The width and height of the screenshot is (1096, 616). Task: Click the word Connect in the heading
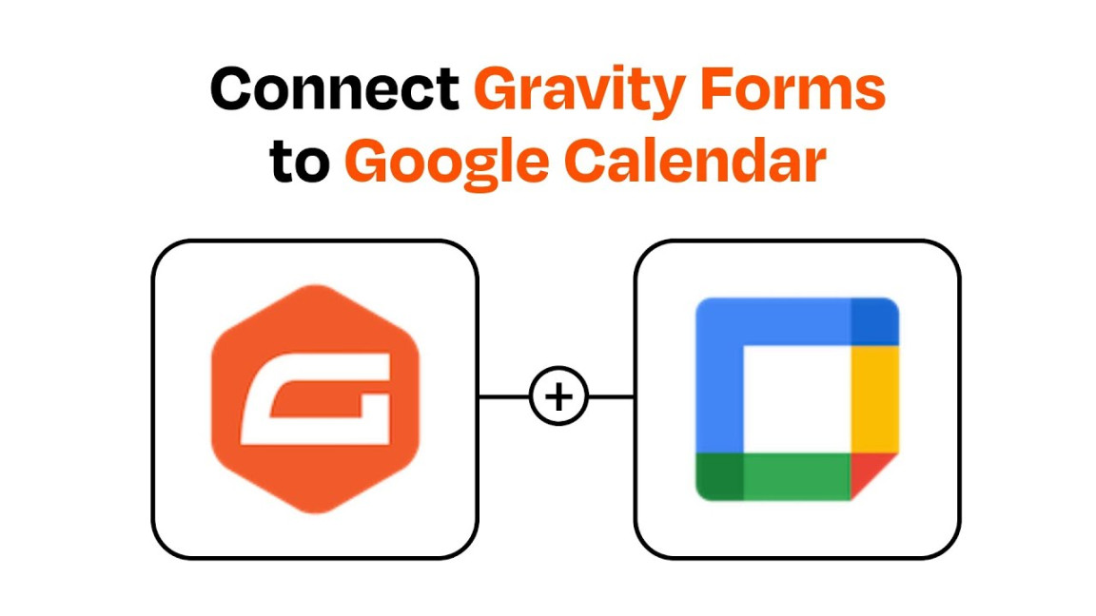pyautogui.click(x=335, y=90)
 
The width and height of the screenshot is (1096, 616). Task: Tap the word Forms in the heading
pyautogui.click(x=810, y=90)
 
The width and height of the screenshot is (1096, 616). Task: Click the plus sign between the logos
pyautogui.click(x=558, y=396)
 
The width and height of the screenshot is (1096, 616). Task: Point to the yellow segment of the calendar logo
pyautogui.click(x=874, y=399)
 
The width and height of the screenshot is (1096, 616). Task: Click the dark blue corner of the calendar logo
pyautogui.click(x=874, y=321)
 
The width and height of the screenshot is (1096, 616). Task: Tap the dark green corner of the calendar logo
pyautogui.click(x=719, y=476)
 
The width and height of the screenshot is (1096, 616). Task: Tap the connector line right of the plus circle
pyautogui.click(x=612, y=396)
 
